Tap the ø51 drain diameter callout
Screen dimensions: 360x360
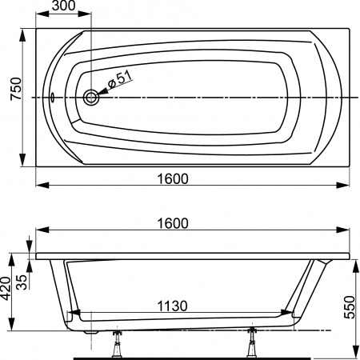[x=119, y=78]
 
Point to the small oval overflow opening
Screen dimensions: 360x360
[x=53, y=98]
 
